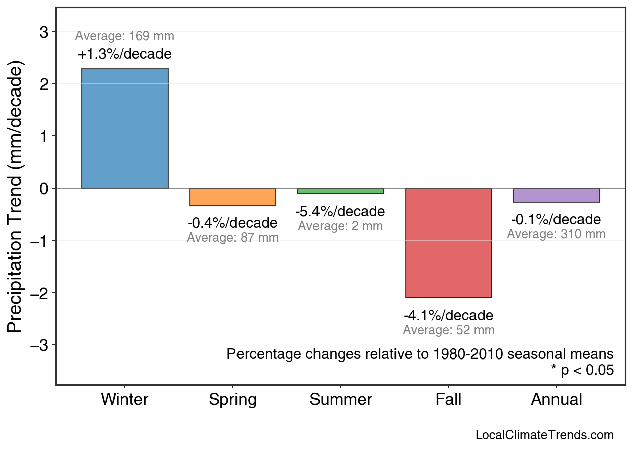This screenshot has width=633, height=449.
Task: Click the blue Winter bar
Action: [x=125, y=128]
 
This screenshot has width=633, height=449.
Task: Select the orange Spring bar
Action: [x=232, y=197]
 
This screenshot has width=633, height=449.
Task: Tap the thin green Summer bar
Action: [x=341, y=191]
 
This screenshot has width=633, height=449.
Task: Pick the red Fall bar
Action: [x=448, y=243]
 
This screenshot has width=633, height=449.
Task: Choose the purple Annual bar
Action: [x=556, y=195]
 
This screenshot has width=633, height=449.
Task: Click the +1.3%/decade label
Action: [x=125, y=54]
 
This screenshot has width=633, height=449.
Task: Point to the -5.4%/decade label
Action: [x=341, y=211]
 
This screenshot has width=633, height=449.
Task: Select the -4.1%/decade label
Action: [x=448, y=316]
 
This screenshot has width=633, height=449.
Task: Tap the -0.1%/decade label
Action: [x=556, y=220]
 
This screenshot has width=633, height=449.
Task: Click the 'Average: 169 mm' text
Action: [x=125, y=36]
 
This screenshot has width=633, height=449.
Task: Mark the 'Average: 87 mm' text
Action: [x=232, y=238]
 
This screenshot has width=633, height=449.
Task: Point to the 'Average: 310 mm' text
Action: [x=556, y=234]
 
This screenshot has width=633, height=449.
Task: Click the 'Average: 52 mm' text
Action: [x=448, y=330]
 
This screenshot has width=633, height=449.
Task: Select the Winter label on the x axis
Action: [x=125, y=400]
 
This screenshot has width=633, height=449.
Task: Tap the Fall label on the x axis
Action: [x=448, y=400]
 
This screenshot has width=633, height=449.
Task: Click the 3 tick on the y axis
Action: [x=44, y=32]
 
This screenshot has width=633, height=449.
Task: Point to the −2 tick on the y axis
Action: [x=41, y=293]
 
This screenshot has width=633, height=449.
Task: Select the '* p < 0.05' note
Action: [x=582, y=370]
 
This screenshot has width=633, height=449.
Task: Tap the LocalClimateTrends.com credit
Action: [x=544, y=435]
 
